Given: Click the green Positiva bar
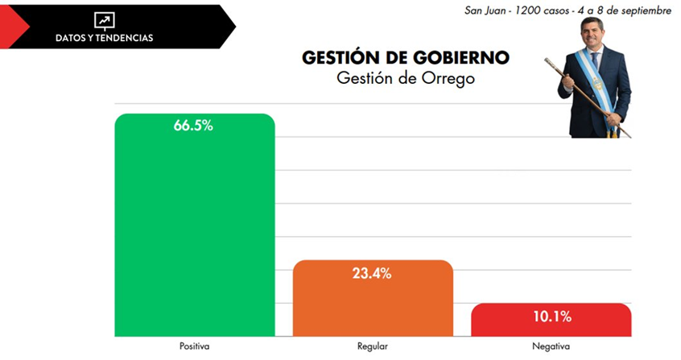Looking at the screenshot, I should (194, 234).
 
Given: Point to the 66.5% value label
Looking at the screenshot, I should (193, 126).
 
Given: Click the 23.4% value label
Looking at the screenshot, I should (372, 273).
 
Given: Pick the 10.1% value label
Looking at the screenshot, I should (551, 317).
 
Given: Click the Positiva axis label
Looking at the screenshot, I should (194, 346).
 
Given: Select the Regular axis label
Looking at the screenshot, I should (373, 346).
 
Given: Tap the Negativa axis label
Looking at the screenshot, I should (551, 346).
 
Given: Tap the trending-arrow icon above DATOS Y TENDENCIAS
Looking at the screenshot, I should (104, 20).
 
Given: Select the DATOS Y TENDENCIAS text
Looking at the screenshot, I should (104, 38).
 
